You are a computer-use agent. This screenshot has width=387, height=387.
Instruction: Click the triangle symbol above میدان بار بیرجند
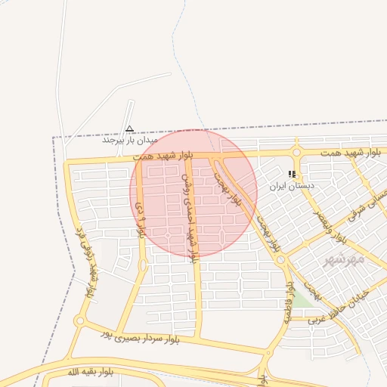[x=130, y=129]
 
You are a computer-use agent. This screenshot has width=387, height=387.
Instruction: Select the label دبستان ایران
[x=292, y=185]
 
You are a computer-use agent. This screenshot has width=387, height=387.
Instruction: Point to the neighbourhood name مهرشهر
[x=344, y=259]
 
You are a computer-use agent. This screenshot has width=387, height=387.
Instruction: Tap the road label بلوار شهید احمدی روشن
[x=189, y=213]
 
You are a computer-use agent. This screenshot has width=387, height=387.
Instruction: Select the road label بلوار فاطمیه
[x=288, y=302]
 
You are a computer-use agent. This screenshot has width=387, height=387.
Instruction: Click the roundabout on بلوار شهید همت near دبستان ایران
[x=296, y=152]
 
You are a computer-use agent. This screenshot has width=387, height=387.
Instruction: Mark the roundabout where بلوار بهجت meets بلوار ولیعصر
[x=281, y=259]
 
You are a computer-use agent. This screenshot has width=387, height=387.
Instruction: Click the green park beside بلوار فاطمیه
[x=300, y=299]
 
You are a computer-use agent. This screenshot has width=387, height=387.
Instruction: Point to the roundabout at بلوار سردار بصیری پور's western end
[x=79, y=321]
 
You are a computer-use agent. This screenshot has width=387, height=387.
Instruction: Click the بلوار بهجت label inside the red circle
[x=220, y=179]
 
